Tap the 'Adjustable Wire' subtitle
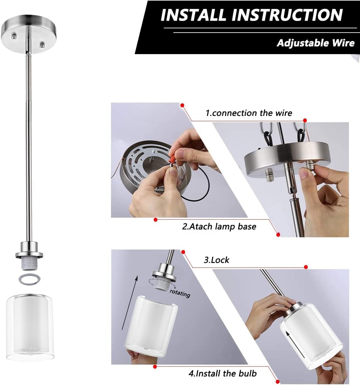pyautogui.click(x=316, y=43)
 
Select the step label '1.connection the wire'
pyautogui.click(x=249, y=113)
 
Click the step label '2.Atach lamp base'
pyautogui.click(x=219, y=226)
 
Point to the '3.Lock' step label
pyautogui.click(x=216, y=260)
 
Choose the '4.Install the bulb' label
pyautogui.click(x=223, y=373)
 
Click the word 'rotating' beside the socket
pyautogui.click(x=180, y=294)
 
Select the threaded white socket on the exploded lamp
pyautogui.click(x=29, y=264)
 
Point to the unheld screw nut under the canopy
pyautogui.click(x=269, y=175)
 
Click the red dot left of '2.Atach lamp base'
pyautogui.click(x=156, y=220)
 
